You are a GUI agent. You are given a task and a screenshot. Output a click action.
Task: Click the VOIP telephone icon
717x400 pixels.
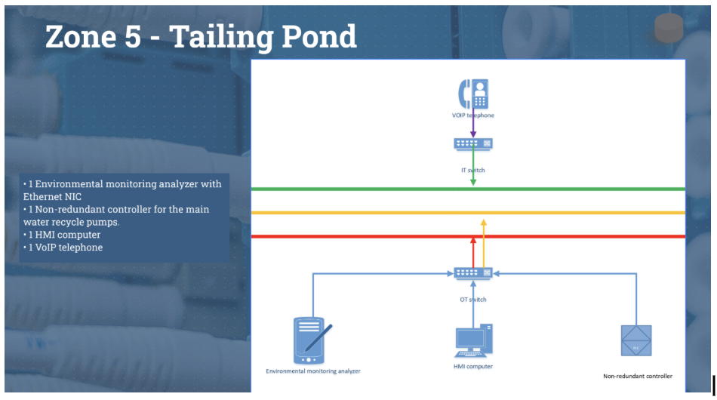[473, 94]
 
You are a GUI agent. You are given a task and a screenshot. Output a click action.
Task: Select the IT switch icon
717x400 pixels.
[473, 143]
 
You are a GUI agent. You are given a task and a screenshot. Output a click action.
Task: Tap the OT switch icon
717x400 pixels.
[473, 272]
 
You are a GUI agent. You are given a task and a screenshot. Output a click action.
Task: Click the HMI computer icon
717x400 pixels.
[473, 340]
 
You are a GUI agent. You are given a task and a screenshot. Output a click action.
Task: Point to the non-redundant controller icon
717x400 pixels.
[636, 340]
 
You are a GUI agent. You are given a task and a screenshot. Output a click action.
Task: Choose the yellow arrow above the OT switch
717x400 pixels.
[484, 242]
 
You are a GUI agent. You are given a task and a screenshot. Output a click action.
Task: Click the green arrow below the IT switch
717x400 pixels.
[473, 166]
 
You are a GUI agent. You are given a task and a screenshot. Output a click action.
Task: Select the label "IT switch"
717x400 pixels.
[473, 171]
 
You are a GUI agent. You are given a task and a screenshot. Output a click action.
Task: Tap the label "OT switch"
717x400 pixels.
[473, 300]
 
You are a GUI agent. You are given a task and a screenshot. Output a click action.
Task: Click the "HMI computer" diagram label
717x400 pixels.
[473, 367]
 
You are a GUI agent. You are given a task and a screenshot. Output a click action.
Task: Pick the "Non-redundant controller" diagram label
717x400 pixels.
[638, 376]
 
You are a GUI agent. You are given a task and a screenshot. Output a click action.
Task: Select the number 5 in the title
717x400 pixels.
[133, 36]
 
